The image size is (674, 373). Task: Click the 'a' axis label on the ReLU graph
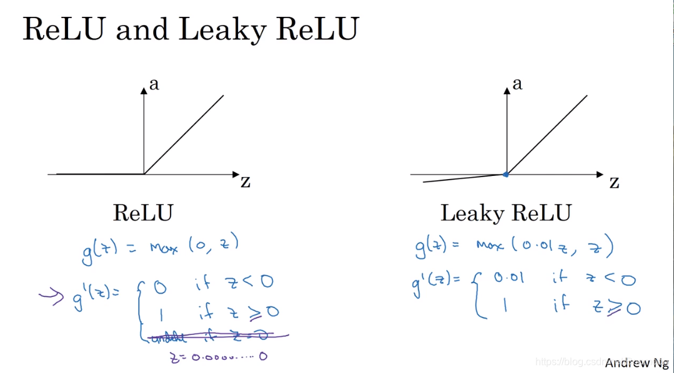pos(154,84)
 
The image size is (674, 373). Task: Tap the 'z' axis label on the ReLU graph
pos(245,182)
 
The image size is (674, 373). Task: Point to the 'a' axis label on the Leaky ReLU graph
pos(517,84)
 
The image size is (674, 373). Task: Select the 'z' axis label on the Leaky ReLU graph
pos(614,182)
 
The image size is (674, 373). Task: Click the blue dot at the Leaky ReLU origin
pos(506,175)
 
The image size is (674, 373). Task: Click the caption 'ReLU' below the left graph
pos(142,213)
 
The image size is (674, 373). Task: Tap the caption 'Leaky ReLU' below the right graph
pos(505,213)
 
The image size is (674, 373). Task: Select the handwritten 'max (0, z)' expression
pos(194,247)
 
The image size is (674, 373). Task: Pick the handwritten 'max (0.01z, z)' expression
pos(544,247)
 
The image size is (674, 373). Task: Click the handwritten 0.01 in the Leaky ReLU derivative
pos(508,278)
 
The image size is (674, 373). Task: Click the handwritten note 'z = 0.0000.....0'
pos(218,357)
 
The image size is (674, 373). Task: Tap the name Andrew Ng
pos(636,362)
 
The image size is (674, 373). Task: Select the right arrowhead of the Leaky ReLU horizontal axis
pos(600,175)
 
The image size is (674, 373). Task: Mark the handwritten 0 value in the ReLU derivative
pos(160,286)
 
